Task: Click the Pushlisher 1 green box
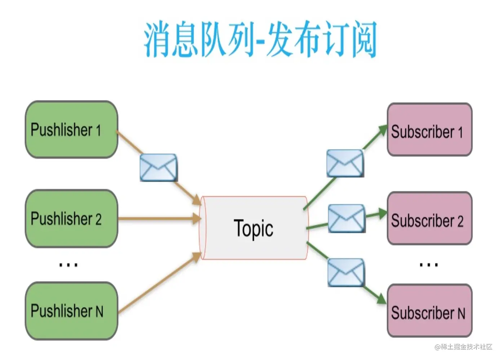[x=71, y=129]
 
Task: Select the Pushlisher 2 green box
[x=71, y=219]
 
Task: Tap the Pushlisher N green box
[x=71, y=311]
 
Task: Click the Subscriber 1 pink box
[x=429, y=130]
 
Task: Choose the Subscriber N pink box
[x=429, y=311]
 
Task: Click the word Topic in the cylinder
[x=254, y=229]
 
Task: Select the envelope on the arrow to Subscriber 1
[x=345, y=163]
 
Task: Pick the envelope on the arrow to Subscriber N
[x=346, y=272]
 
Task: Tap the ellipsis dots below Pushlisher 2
[x=68, y=265]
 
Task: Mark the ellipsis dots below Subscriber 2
[x=429, y=265]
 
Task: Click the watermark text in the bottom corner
[x=463, y=347]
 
